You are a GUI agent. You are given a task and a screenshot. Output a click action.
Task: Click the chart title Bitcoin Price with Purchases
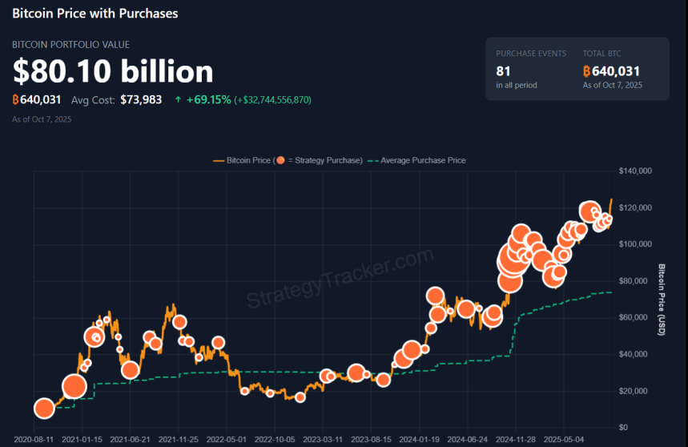tap(95, 14)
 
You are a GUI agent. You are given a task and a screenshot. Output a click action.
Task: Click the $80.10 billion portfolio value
tap(113, 71)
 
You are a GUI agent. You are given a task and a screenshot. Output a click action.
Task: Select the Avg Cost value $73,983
tap(141, 100)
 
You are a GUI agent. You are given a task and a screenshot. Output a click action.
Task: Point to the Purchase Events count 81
tap(504, 71)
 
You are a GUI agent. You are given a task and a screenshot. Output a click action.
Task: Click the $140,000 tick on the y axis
tap(637, 171)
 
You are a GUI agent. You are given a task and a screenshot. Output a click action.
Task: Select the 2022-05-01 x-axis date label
tap(227, 440)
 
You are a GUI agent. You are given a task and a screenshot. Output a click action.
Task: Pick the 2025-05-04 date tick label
tap(564, 440)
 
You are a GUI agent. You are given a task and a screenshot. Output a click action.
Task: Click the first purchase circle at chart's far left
tap(44, 409)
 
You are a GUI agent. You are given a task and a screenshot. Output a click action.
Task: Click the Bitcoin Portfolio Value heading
tap(70, 45)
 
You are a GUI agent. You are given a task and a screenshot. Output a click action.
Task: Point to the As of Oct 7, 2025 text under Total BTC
tap(613, 85)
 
